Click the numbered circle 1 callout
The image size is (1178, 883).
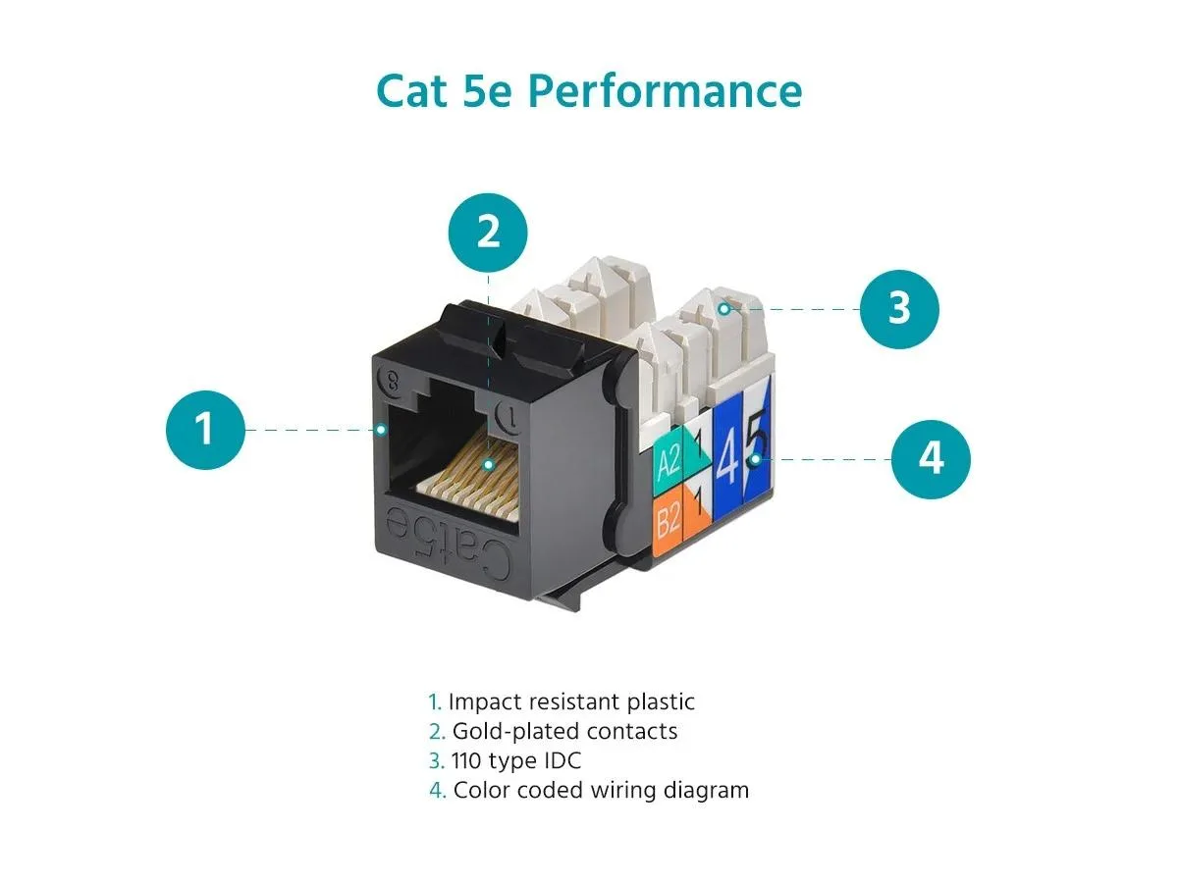tap(205, 430)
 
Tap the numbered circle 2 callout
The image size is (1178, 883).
tap(488, 233)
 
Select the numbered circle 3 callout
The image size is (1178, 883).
tap(899, 309)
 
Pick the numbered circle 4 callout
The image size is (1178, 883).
tap(932, 459)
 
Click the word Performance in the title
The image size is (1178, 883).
tap(666, 91)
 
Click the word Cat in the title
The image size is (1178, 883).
tap(411, 91)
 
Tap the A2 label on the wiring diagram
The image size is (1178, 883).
tap(669, 460)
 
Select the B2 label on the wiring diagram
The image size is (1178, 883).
tap(669, 519)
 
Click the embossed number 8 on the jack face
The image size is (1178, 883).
tap(393, 382)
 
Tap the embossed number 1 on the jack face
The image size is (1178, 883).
tap(511, 416)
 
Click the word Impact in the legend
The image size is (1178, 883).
tap(481, 702)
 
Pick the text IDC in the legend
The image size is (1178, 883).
tap(562, 760)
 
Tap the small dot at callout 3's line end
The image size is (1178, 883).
tap(723, 309)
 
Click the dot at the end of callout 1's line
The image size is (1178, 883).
tap(381, 430)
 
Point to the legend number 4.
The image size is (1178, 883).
tap(437, 790)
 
